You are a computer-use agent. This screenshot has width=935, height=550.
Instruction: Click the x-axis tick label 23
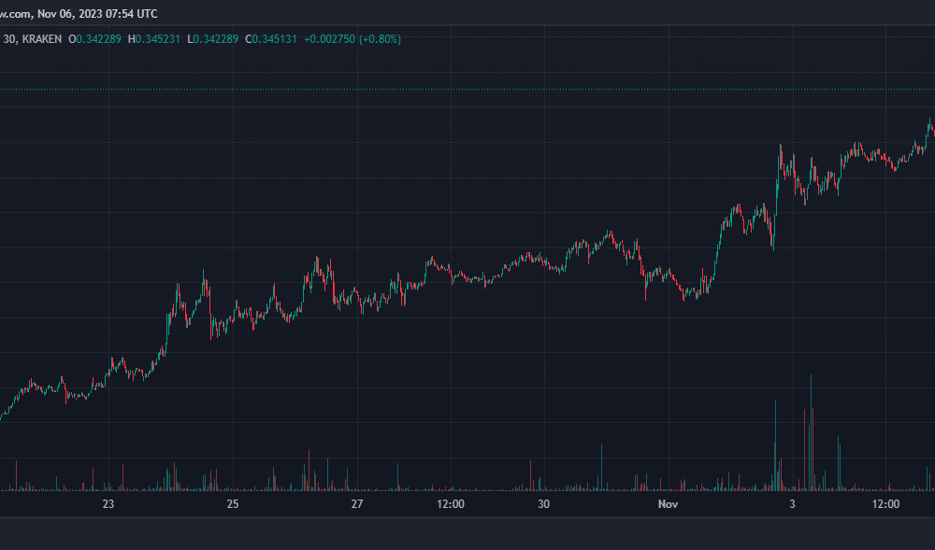pos(108,504)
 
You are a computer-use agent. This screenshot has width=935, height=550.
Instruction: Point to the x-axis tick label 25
pos(233,504)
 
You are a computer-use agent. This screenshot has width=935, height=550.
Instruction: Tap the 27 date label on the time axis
pos(356,504)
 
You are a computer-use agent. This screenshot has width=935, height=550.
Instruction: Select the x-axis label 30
pos(543,504)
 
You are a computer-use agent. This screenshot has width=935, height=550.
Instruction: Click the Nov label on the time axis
pos(668,504)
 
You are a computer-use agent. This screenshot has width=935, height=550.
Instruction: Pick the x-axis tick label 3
pos(792,504)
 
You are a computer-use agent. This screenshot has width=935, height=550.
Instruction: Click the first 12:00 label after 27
pos(451,504)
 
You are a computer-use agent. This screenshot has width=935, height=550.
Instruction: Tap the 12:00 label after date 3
pos(885,504)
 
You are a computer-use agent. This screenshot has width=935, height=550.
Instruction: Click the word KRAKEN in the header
pos(42,39)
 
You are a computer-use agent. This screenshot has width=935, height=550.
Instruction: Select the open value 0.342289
pos(98,39)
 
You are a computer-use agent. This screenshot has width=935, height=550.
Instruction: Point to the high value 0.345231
pos(157,39)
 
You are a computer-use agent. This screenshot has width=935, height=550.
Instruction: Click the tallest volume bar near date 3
pos(811,432)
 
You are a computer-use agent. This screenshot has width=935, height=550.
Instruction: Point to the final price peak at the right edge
pos(929,119)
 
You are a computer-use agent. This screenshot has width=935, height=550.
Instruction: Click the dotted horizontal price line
pos(467,90)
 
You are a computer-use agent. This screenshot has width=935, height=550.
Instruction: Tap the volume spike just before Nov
pos(601,467)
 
